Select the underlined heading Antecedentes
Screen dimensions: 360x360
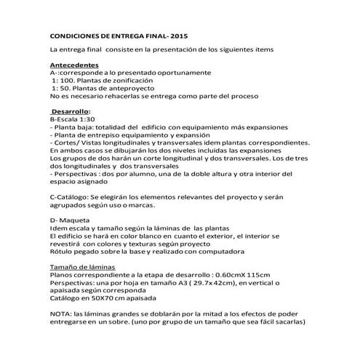click(x=74, y=65)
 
